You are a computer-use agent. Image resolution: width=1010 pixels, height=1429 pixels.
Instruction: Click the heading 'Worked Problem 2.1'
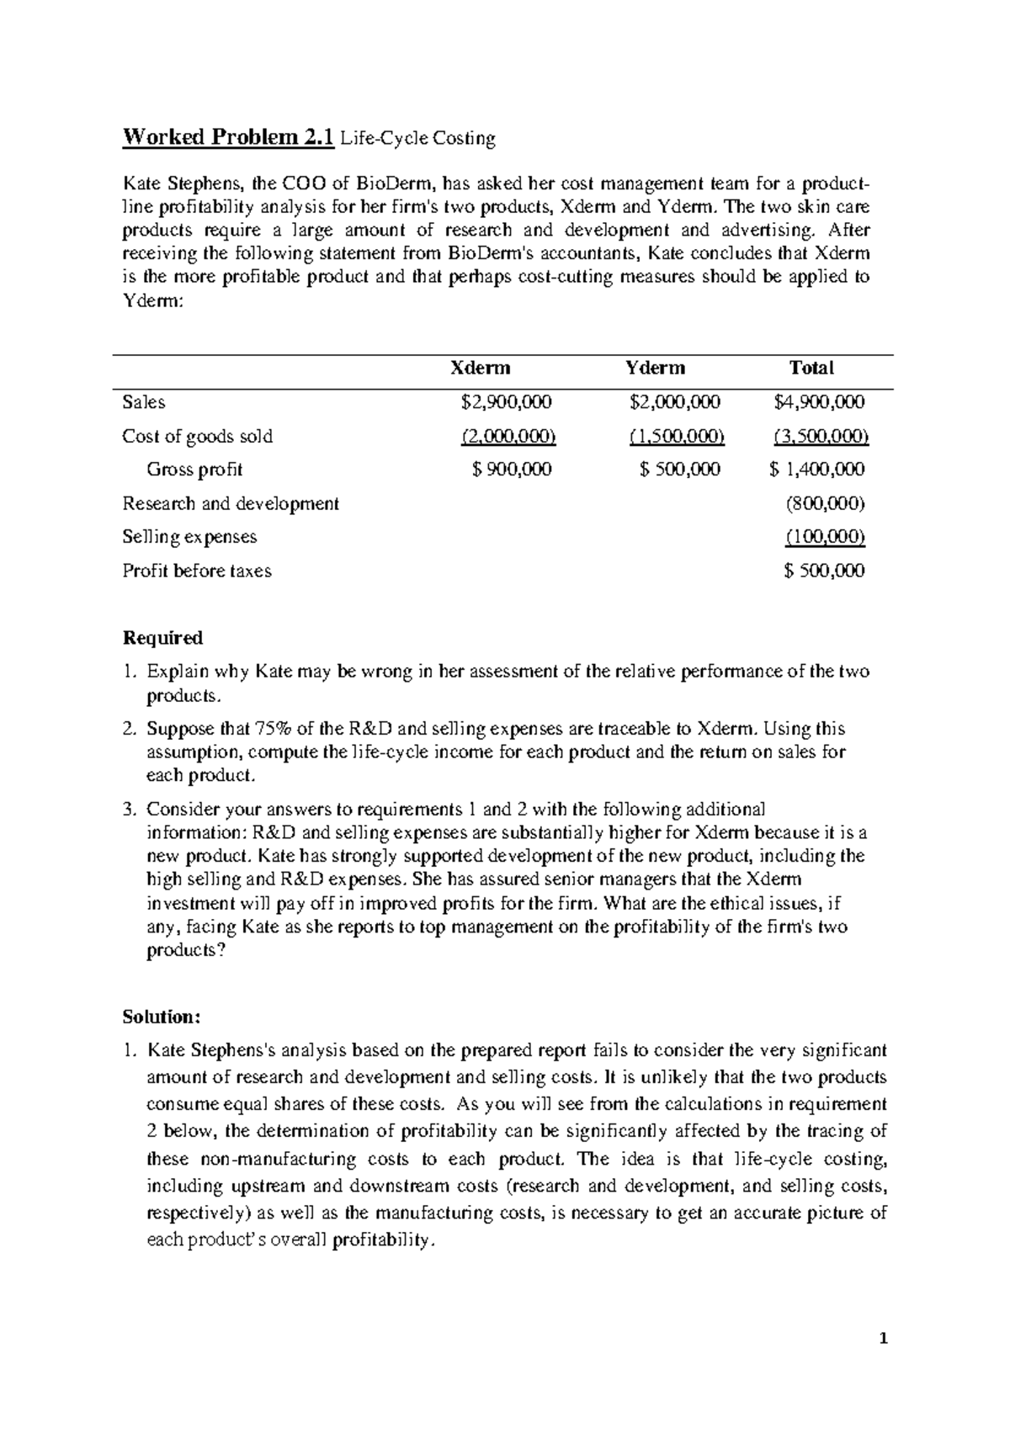click(228, 137)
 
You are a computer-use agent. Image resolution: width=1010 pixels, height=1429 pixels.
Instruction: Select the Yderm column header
click(655, 368)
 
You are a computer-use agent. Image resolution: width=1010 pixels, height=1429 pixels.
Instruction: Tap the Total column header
click(811, 368)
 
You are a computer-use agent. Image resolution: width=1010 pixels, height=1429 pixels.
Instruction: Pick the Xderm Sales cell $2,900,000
click(507, 402)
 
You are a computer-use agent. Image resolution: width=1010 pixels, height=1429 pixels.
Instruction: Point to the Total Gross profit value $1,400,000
click(817, 470)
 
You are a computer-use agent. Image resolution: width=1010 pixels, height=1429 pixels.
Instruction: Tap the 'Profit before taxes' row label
click(197, 571)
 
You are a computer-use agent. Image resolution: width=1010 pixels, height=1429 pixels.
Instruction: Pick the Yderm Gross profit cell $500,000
click(680, 470)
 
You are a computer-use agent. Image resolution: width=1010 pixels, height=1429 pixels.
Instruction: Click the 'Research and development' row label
click(231, 503)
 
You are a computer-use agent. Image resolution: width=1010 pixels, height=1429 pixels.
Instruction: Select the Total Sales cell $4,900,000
click(819, 402)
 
